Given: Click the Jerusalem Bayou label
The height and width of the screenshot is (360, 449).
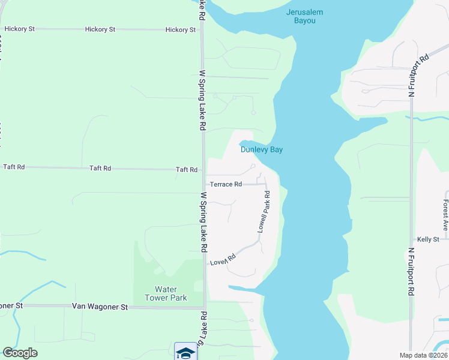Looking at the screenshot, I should coord(309,16).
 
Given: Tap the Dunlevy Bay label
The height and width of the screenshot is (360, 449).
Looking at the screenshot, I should coord(262,150).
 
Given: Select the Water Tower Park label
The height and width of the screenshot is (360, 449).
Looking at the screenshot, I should coord(166,293).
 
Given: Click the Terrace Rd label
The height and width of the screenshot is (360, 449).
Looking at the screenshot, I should coord(225,184).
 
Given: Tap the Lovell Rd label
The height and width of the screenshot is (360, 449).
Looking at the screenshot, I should coord(223,259).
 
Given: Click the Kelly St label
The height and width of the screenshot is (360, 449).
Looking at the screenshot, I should coord(428,239).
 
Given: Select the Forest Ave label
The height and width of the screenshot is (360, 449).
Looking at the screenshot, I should coord(445,215).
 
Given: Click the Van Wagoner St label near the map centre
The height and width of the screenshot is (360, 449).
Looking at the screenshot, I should coord(100,307).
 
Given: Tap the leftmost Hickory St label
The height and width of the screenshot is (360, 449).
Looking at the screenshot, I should coord(19,29).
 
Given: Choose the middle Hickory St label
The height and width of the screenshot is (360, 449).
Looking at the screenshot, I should coord(100,29).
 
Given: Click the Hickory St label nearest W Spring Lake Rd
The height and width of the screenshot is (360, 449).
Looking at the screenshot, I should coord(180,29).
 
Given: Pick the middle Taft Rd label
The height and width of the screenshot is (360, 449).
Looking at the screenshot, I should coord(100,168).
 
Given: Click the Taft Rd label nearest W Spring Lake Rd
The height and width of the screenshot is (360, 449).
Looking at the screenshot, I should coord(186,170).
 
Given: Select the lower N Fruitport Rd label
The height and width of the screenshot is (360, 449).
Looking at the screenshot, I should coord(411,272).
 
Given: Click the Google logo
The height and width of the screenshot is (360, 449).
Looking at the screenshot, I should coord(20,353).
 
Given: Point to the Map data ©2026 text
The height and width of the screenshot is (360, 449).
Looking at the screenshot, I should coord(424,355).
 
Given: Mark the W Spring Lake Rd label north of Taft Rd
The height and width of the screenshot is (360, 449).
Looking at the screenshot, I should coord(203,100).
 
